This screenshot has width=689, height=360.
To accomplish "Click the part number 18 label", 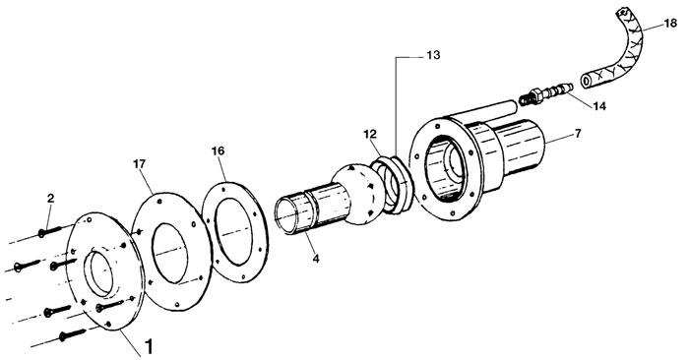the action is pos(670,23).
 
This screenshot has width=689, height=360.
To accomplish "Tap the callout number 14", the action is pos(599,106).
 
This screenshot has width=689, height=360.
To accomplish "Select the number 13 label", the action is pos(433,55).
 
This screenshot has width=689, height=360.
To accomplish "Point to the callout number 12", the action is pos(370,133).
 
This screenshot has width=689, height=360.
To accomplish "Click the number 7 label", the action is pos(578,133).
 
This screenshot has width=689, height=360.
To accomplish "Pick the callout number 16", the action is pos(218,151).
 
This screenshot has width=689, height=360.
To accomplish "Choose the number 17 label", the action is pos(140,164).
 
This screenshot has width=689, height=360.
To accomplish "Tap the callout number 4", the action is pos(316,259).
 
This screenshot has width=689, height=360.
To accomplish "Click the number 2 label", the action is pos(50,198).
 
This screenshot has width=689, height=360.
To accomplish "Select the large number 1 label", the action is pos(149,346).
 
